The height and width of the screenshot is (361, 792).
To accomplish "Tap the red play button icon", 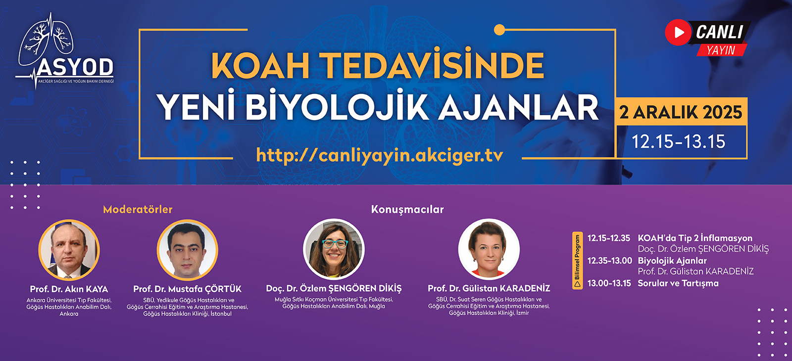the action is click(678, 33).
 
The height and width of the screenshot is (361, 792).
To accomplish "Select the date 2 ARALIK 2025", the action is click(681, 112).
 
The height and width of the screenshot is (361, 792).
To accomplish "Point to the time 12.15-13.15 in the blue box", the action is click(678, 141).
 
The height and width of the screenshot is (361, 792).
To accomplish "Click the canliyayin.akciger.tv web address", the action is click(379, 155).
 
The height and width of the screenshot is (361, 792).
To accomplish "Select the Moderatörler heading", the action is click(138, 210).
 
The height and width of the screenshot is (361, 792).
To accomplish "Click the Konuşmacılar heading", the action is click(407, 210).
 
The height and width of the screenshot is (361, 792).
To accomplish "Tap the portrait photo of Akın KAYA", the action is click(69, 250).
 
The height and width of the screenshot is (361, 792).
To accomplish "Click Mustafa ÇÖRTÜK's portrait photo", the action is click(188, 250).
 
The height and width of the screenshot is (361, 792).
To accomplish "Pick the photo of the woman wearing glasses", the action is click(334, 249).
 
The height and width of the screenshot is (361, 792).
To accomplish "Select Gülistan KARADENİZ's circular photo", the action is click(489, 249).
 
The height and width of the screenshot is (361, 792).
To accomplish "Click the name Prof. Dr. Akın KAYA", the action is click(69, 289).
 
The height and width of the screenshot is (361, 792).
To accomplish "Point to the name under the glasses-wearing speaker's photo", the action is click(334, 289).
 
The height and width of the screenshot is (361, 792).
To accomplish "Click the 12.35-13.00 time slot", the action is click(609, 261).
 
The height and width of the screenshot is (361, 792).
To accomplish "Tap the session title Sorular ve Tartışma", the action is click(678, 283).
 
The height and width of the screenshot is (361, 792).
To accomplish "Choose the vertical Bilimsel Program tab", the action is click(577, 261).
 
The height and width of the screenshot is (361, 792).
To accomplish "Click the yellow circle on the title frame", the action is click(499, 30).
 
